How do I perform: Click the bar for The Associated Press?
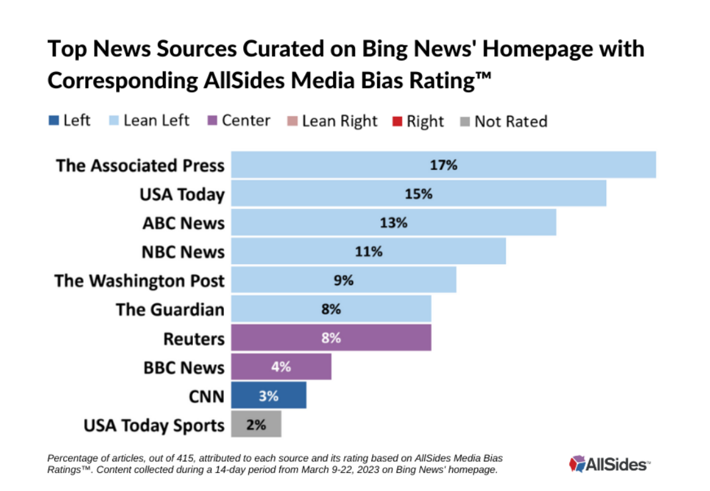coord(443,165)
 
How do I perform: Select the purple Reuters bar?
coord(330,338)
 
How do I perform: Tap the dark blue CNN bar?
coord(268,396)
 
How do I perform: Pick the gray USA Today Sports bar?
coord(255,425)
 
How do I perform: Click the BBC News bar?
coord(281,367)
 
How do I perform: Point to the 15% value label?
coord(418,194)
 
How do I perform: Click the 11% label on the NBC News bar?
coord(368,251)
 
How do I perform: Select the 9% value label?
coord(343,280)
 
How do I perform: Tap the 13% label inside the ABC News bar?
coord(393,222)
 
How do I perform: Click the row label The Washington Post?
coord(139,280)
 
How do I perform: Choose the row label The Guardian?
coord(170,309)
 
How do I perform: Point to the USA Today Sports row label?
coord(154,425)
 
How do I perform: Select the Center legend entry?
coord(239,121)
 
